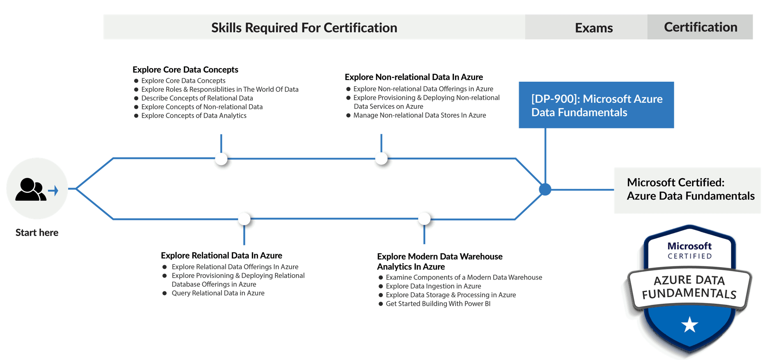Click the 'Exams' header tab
click(593, 28)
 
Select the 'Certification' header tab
click(700, 27)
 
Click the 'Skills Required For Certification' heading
click(304, 28)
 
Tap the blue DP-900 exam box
click(596, 105)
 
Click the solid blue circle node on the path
click(545, 189)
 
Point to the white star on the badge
click(689, 325)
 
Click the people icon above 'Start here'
click(31, 190)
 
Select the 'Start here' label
click(37, 232)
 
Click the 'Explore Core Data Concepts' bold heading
click(185, 69)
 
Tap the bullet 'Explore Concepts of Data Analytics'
click(194, 115)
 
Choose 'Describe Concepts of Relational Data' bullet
click(197, 98)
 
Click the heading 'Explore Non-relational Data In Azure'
click(414, 77)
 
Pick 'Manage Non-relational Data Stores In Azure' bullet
click(419, 115)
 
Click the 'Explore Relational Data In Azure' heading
click(221, 255)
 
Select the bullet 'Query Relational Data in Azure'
click(218, 293)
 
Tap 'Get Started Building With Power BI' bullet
click(438, 304)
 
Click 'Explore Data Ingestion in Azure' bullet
click(433, 286)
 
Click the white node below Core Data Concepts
click(221, 159)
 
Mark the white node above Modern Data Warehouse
click(424, 218)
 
